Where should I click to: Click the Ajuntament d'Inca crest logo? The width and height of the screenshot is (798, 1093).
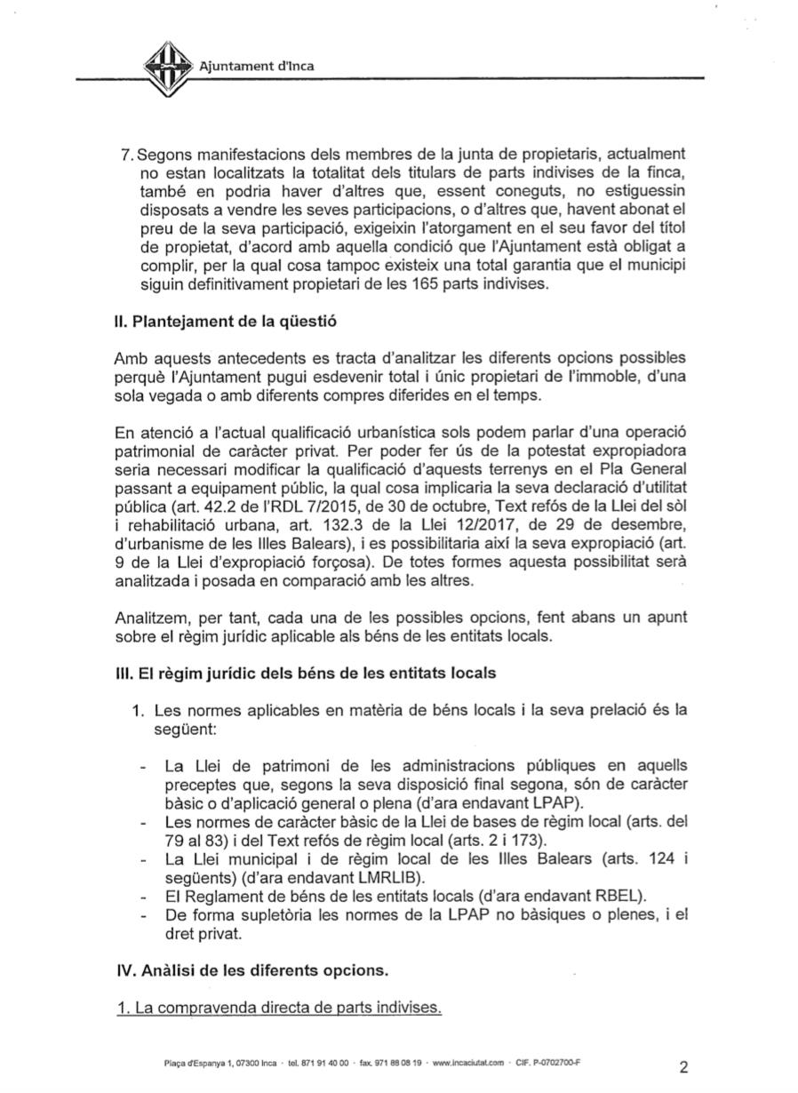[169, 67]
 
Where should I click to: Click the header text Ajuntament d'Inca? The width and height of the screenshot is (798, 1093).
[256, 65]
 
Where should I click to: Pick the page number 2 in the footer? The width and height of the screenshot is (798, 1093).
[683, 1067]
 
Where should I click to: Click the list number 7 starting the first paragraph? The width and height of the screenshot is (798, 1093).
[126, 154]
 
